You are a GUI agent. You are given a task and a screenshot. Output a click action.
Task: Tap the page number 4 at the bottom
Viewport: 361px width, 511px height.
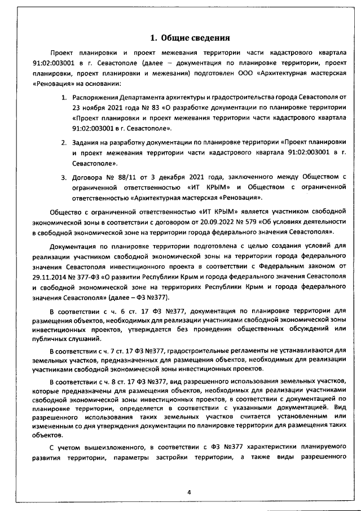(190, 492)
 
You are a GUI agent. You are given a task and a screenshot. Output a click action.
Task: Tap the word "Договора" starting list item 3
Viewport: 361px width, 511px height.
(87, 178)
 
